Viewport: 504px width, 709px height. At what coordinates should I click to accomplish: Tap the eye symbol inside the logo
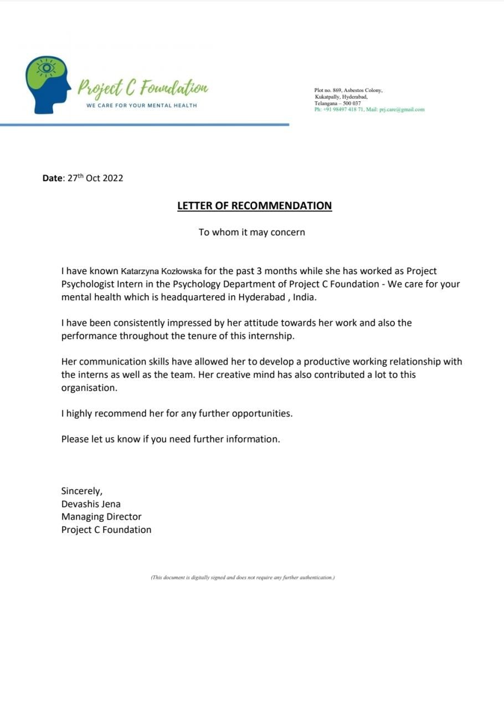coord(47,68)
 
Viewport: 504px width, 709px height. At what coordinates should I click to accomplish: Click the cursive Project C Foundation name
coord(143,88)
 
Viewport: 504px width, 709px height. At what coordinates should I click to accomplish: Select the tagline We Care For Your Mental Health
coord(142,105)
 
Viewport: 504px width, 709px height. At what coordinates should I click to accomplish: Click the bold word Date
coord(53,178)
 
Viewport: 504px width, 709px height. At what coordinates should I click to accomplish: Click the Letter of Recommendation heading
coord(254,206)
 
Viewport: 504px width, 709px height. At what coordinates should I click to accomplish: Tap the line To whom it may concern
coord(252,232)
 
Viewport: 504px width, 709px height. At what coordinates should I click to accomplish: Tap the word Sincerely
coord(81,491)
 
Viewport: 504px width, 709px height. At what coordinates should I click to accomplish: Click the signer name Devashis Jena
coord(91,504)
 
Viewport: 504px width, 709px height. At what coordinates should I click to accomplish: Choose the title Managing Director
coord(101,517)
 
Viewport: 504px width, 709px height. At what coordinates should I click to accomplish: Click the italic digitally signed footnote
coord(243,577)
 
